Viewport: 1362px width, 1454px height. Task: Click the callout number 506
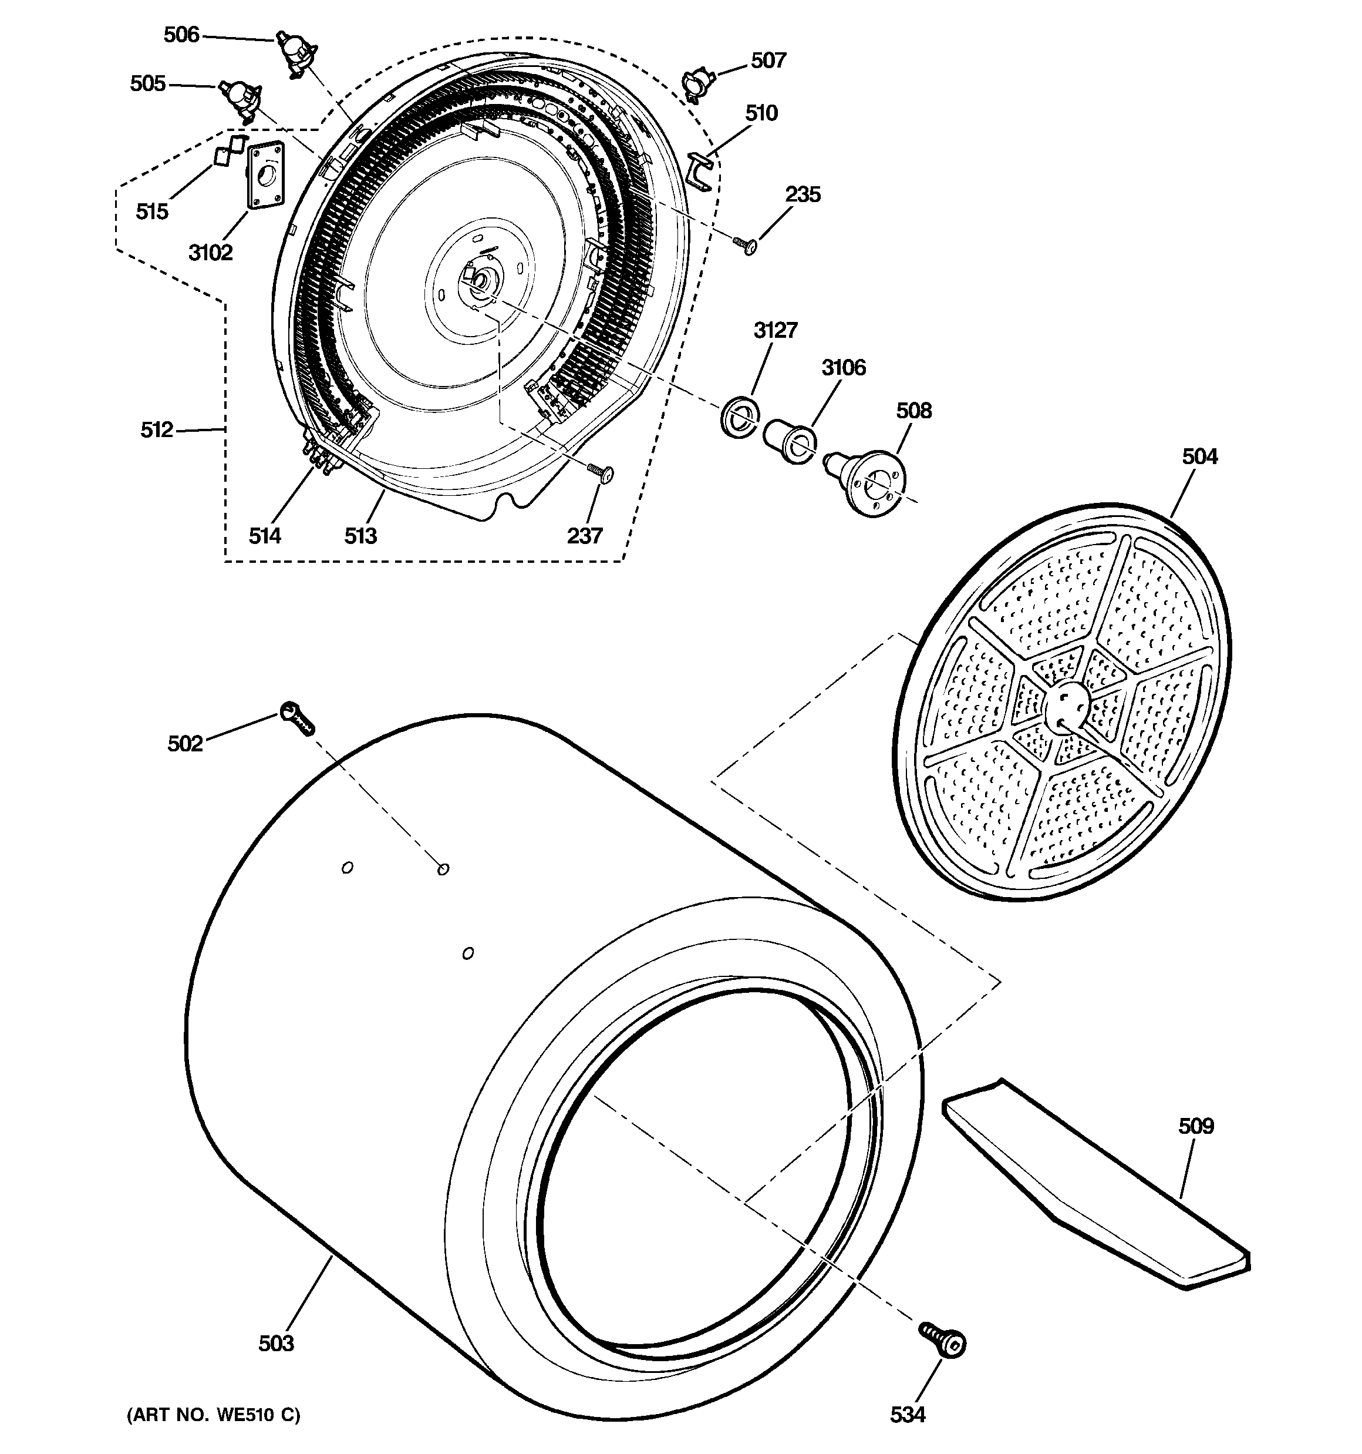(181, 35)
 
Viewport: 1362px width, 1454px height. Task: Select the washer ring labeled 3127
(739, 418)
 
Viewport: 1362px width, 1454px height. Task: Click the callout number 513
(360, 536)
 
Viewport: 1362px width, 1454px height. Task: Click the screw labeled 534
(943, 1341)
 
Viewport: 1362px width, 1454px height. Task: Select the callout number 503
(277, 1343)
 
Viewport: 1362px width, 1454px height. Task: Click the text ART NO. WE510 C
(214, 1415)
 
